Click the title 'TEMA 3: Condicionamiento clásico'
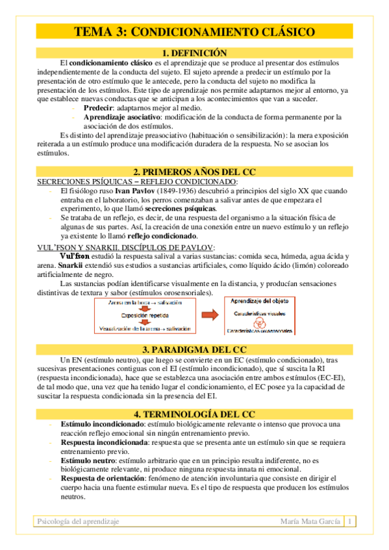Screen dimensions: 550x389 [194, 32]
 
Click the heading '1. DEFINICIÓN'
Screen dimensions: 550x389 [194, 53]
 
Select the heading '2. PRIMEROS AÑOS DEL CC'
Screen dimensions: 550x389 [194, 172]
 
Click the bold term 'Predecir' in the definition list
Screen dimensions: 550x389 [97, 108]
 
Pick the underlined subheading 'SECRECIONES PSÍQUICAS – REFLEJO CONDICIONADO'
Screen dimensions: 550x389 [137, 182]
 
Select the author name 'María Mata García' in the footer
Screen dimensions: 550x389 [309, 521]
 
